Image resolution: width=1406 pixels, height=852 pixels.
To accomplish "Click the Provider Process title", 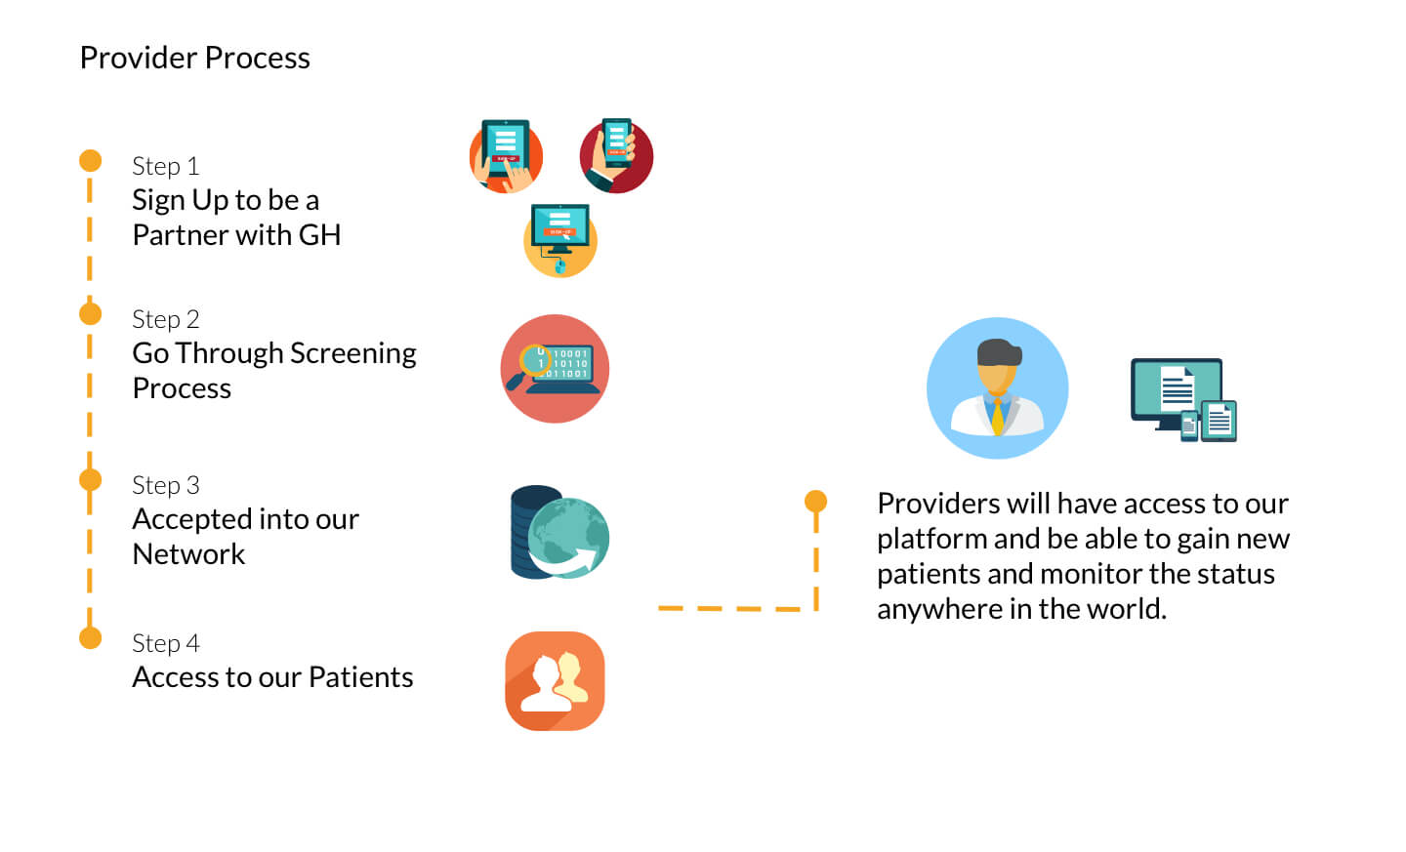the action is tap(194, 58).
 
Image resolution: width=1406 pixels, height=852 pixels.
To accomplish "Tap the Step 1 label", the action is tap(166, 167).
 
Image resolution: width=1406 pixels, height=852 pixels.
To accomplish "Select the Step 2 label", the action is tap(166, 320).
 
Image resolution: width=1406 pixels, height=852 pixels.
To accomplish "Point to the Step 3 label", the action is tap(166, 486).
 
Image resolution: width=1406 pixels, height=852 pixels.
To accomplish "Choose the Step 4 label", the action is tap(166, 644).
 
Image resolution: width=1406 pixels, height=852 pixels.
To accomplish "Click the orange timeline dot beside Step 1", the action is tap(91, 161).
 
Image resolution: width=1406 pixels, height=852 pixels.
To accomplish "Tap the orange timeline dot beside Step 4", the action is tap(91, 637).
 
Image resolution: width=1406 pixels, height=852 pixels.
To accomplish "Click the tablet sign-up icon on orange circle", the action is tap(506, 155).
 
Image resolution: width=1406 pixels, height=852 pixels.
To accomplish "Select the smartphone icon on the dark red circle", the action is tap(616, 155).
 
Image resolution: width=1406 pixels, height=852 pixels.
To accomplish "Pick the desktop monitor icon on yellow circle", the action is tap(559, 240).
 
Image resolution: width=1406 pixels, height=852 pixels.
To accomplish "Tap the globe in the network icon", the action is tap(568, 537).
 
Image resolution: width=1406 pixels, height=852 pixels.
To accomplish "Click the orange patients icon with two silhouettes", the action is tap(555, 681).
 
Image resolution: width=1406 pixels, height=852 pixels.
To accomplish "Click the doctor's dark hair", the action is tap(999, 352).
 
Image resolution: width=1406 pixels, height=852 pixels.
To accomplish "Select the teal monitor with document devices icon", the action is tap(1183, 400).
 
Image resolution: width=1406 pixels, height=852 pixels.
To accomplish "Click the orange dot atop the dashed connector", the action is tap(815, 502).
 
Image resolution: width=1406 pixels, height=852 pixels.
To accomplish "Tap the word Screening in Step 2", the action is tap(352, 354).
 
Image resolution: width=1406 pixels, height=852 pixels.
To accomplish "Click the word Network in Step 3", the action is tap(188, 554).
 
